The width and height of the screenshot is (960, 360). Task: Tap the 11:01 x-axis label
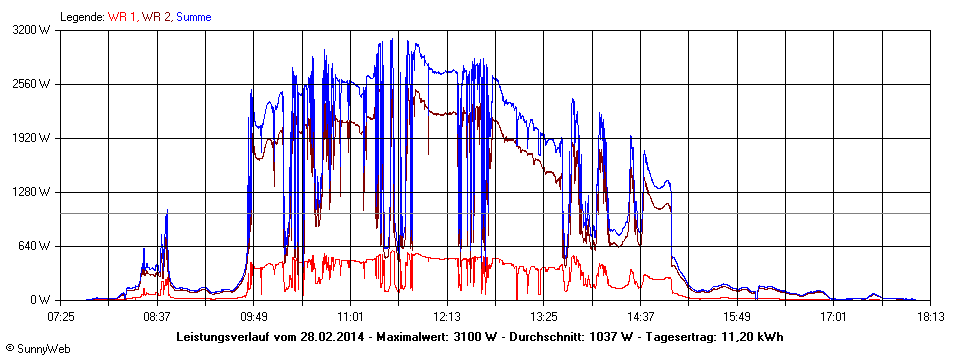tap(351, 316)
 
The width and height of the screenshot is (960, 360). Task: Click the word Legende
tap(81, 17)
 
